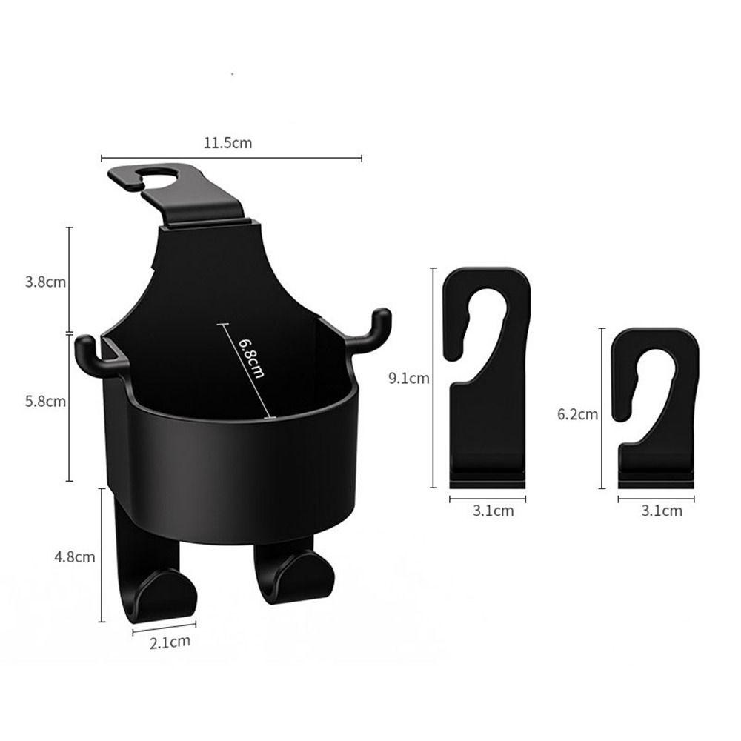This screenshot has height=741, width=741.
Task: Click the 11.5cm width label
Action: (227, 143)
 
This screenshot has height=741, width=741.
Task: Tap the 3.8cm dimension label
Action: (45, 282)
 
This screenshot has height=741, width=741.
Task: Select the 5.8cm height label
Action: (45, 401)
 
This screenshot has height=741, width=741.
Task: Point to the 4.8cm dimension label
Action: (75, 556)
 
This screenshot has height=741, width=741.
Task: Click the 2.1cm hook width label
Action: (170, 642)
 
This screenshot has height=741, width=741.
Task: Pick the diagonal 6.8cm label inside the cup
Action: (251, 358)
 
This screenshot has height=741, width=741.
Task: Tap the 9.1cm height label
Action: (409, 378)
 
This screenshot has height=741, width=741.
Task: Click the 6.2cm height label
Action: (577, 414)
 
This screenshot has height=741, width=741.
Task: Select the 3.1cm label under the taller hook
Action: (493, 511)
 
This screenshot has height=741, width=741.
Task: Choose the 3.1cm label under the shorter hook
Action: (662, 511)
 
